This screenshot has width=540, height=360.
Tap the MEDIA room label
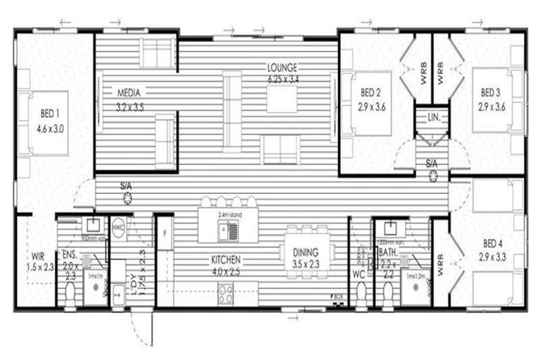pyautogui.click(x=129, y=92)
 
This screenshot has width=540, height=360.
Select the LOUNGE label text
pyautogui.click(x=282, y=67)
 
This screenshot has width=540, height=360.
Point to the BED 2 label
pyautogui.click(x=371, y=92)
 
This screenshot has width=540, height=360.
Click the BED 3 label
pyautogui.click(x=491, y=92)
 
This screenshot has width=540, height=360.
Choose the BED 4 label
pyautogui.click(x=493, y=244)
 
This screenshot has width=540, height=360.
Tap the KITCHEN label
pyautogui.click(x=226, y=259)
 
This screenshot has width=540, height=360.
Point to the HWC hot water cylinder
pyautogui.click(x=118, y=227)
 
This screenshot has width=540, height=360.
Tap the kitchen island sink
pyautogui.click(x=228, y=229)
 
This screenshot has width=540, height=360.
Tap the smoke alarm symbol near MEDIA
pyautogui.click(x=127, y=198)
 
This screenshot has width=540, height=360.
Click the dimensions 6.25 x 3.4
pyautogui.click(x=282, y=78)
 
